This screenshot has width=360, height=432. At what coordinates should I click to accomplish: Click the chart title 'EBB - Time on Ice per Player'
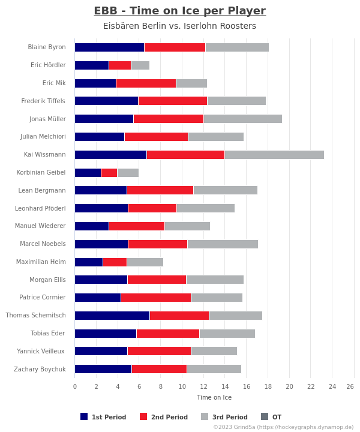179,11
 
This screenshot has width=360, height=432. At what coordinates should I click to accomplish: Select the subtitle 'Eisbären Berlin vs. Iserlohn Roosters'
179,26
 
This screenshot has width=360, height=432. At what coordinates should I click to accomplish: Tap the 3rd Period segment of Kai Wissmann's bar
274,155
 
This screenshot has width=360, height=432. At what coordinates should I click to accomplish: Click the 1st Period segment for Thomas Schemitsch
112,316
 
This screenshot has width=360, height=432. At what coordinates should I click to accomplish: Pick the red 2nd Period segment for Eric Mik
146,83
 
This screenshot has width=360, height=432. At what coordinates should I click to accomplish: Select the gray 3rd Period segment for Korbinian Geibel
128,173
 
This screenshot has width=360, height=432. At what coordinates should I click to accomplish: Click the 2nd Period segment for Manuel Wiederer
137,226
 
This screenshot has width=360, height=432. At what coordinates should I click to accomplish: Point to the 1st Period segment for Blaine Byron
109,47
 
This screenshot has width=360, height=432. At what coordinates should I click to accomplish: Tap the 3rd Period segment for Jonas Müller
242,119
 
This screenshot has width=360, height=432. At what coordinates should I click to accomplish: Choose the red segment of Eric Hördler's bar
120,65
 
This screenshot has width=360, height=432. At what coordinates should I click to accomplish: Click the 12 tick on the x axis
203,386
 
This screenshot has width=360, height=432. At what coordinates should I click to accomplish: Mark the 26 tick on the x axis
350,386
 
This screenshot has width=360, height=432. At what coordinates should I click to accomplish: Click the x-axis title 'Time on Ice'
214,397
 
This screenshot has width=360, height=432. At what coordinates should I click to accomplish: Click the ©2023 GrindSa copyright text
283,427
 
